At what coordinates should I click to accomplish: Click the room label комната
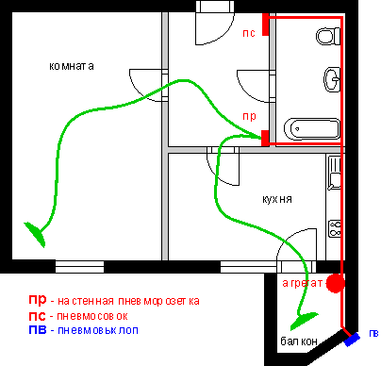pos(72,66)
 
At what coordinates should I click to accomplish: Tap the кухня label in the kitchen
pos(277,199)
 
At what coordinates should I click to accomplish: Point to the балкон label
pos(299,341)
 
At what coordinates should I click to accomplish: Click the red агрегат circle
pos(335,283)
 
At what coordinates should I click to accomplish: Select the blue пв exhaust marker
pos(352,340)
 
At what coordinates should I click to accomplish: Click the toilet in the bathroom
pos(328,37)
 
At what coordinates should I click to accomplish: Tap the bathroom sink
pos(332,79)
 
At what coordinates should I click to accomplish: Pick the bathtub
pos(312,129)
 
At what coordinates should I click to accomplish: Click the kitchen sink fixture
pos(334,173)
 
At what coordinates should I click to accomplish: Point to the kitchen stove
pos(335,228)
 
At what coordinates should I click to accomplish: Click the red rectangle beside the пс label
pos(266,25)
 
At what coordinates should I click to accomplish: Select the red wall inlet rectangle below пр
pos(265,138)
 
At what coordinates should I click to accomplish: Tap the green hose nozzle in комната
pos(37,233)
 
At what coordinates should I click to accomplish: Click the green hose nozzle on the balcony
pos(303,320)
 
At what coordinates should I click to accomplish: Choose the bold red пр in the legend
pos(38,300)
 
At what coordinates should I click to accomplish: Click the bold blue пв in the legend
pos(38,330)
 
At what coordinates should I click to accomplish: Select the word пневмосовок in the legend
pos(92,316)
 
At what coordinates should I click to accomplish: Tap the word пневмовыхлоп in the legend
pos(98,330)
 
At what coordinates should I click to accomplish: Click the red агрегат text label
pos(303,284)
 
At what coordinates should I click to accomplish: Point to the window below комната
pos(79,266)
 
